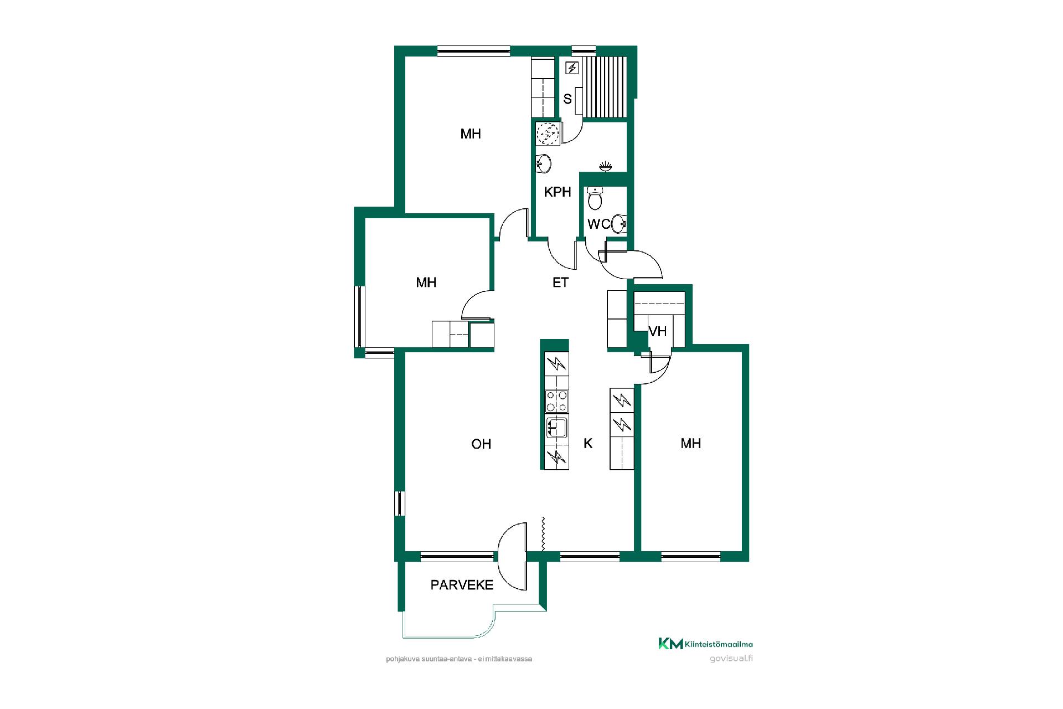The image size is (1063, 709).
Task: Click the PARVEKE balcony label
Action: tap(462, 585)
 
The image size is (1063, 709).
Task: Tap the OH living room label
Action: tap(481, 444)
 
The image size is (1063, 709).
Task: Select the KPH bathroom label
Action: tap(558, 192)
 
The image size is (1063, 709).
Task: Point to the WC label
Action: tap(598, 224)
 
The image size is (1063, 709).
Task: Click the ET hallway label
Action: tap(560, 282)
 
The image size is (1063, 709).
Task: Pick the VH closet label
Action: tap(658, 331)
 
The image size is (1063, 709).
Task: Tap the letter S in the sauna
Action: tap(567, 99)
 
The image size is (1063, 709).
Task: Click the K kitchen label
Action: tap(588, 443)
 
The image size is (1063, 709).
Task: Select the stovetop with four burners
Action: tap(556, 401)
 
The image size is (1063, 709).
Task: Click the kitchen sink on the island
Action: tap(556, 428)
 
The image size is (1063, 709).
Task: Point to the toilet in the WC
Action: tap(595, 198)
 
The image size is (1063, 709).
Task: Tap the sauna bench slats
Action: tap(606, 87)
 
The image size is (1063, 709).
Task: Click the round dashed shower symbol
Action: tap(548, 133)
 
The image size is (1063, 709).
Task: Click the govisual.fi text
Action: tap(731, 659)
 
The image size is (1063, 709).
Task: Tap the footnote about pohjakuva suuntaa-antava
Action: tap(459, 659)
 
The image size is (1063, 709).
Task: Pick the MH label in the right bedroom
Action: tap(691, 443)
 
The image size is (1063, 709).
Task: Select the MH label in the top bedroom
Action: tap(471, 133)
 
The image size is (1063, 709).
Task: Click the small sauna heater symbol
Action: tap(572, 69)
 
